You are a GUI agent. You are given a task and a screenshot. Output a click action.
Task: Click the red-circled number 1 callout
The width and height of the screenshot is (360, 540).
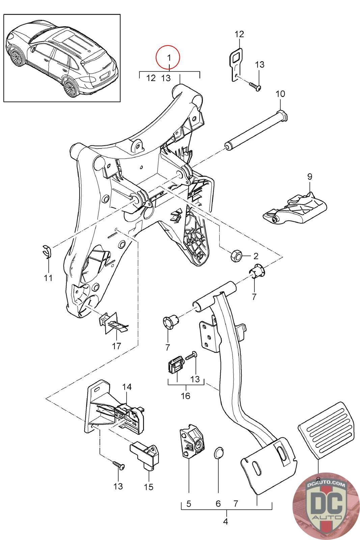tap(168, 57)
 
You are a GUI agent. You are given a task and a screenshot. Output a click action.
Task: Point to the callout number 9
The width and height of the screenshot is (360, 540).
tap(309, 177)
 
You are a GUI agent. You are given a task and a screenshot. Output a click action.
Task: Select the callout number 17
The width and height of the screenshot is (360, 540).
tap(116, 346)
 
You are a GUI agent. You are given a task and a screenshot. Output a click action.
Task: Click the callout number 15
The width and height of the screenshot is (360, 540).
tap(148, 487)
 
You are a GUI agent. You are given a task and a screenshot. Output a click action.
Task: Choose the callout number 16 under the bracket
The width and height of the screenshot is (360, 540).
tap(186, 396)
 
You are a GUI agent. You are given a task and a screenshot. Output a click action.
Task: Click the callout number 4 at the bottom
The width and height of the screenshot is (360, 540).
tap(225, 521)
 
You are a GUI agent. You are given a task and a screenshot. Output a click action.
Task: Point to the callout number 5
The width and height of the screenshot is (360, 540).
tap(189, 504)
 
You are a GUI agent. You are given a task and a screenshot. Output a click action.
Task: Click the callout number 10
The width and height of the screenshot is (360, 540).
tap(280, 93)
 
